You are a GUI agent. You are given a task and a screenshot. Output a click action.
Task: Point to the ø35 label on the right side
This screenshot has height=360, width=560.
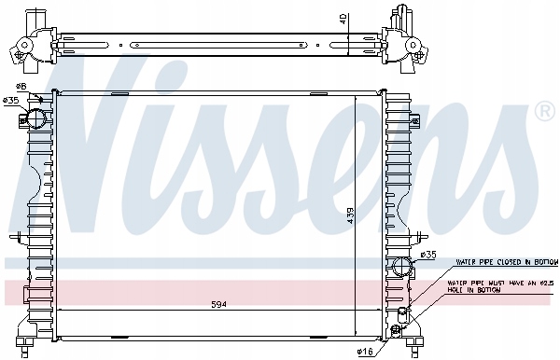coord(427,255)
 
